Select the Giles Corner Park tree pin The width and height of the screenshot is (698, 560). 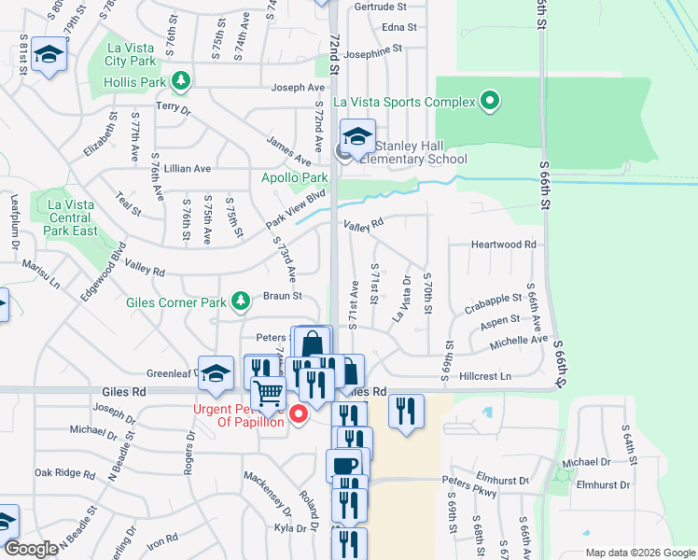[x=241, y=301]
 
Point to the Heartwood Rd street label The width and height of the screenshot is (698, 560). [x=504, y=245]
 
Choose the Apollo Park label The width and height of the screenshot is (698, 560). [x=294, y=177]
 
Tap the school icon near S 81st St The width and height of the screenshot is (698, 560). [x=49, y=54]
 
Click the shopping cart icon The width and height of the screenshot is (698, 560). [x=269, y=396]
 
